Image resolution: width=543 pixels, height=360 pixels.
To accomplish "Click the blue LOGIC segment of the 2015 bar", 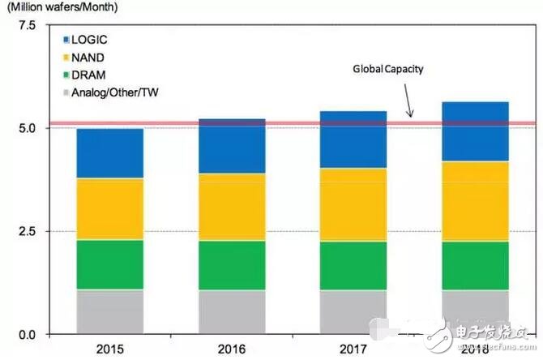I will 109,154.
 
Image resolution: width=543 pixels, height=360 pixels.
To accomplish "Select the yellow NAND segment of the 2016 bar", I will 231,207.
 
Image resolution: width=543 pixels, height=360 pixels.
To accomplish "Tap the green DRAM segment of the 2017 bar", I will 352,265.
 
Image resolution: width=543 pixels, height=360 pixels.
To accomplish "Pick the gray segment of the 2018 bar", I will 473,311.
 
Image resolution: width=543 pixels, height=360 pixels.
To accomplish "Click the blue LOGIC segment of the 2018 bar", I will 473,131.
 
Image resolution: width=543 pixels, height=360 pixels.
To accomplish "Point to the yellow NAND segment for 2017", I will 352,204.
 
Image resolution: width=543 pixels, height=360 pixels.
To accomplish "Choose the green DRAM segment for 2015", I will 109,264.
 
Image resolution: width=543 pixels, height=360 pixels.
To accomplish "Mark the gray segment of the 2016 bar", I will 231,311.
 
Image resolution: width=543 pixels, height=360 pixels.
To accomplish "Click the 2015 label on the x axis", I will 109,350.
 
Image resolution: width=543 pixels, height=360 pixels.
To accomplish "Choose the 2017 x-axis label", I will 352,350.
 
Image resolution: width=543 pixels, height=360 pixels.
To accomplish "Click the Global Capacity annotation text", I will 387,70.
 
